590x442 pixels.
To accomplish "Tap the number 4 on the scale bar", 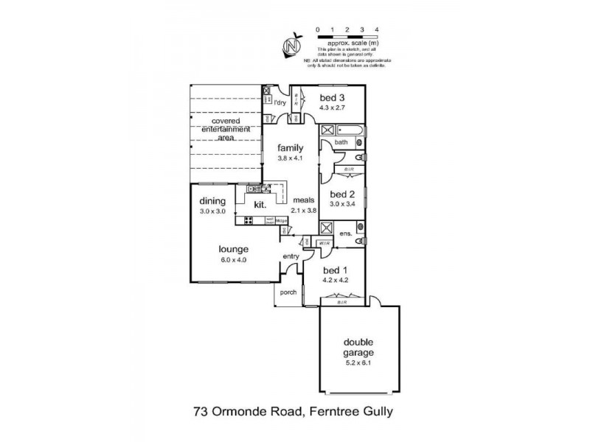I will tap(377, 29).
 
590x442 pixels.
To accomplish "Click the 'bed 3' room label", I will tap(332, 97).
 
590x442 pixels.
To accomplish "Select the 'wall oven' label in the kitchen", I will tap(270, 220).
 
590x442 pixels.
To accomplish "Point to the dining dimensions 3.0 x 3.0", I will tap(212, 211).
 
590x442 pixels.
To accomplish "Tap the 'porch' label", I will tap(288, 292).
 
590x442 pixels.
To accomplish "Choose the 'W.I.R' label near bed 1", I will tap(322, 245).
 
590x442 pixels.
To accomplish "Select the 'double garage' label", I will tap(359, 347).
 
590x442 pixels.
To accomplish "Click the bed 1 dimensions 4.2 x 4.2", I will tap(337, 280).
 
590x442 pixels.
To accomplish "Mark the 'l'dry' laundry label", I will tap(280, 102).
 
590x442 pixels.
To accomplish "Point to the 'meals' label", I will tap(304, 200).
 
